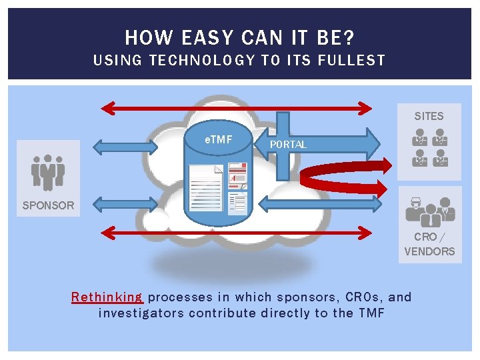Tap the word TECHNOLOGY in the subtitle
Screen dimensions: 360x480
click(x=203, y=60)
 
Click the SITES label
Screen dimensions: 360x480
click(x=429, y=116)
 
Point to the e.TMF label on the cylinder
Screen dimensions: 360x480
click(x=218, y=139)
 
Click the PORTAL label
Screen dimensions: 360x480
click(x=288, y=145)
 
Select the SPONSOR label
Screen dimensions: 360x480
click(x=48, y=205)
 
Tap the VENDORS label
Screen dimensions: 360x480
click(x=429, y=251)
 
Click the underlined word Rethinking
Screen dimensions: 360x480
click(x=107, y=297)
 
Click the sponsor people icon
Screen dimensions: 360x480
click(x=48, y=172)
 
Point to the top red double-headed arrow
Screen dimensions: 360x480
click(x=237, y=107)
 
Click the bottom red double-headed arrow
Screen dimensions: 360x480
click(x=237, y=232)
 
